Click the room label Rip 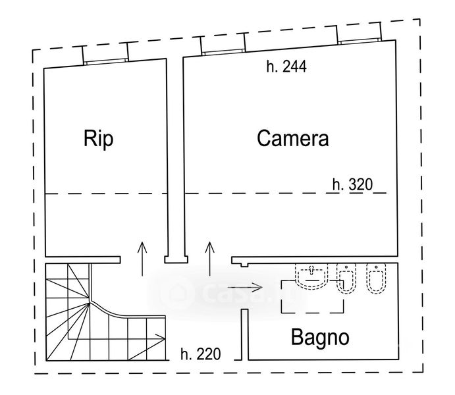coord(98,139)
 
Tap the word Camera coord(293,138)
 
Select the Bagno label coord(320,337)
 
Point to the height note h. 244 coord(286,66)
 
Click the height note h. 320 coord(352,184)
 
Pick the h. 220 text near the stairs coord(201,354)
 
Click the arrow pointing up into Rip coord(142,259)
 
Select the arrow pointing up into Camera coord(209,259)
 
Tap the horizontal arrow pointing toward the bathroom coord(245,288)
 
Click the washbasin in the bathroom coord(311,276)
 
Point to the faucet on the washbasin coord(311,269)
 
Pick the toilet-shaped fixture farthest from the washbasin coord(376,278)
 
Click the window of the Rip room coord(105,61)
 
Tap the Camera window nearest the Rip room coord(223,52)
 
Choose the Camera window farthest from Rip coord(360,41)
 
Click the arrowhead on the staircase coord(161,336)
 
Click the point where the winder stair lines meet coord(89,302)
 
